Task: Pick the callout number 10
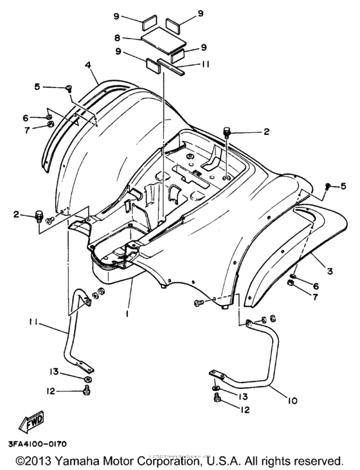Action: coord(292,401)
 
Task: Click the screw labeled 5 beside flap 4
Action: coord(67,88)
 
